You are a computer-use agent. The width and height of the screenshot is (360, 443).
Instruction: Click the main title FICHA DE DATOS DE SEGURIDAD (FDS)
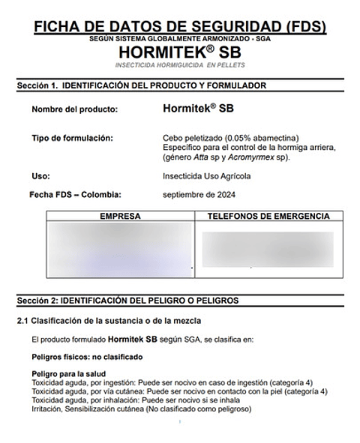tap(180, 28)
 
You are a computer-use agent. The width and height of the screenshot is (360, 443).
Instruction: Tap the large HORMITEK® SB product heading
tap(180, 52)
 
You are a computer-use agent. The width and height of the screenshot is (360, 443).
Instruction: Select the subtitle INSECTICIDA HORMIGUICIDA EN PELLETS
tap(180, 66)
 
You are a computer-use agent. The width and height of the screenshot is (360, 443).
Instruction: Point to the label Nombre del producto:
tap(75, 109)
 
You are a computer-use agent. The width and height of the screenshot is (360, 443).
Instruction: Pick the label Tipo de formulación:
tap(72, 139)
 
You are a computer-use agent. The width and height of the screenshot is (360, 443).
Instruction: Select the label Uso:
tap(40, 176)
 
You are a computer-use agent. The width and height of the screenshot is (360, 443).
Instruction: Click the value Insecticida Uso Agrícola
tap(206, 176)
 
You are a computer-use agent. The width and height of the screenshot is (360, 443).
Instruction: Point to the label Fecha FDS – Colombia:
tap(74, 195)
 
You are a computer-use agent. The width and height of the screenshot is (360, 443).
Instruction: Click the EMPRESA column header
tap(120, 217)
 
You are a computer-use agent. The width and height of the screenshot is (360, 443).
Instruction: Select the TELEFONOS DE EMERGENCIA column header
tap(268, 217)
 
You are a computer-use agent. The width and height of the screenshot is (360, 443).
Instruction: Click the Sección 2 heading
tap(127, 300)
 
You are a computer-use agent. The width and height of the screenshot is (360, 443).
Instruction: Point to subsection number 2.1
tap(22, 321)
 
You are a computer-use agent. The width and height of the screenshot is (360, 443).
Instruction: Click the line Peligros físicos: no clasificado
tap(86, 357)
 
